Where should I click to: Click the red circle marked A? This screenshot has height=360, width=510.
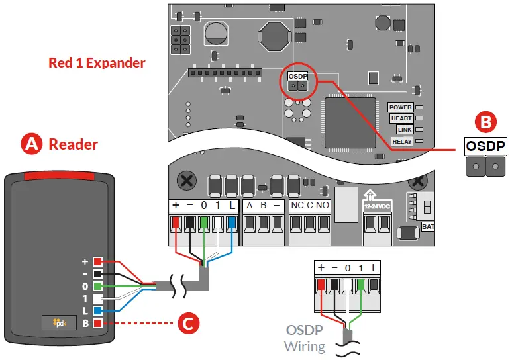point(31,144)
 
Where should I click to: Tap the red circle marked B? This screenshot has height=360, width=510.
point(485,122)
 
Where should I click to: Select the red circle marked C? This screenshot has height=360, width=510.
point(187,324)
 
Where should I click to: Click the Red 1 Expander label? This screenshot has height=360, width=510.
point(97,63)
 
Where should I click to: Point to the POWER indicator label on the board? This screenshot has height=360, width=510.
point(401,107)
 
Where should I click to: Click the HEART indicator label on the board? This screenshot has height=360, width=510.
point(401,118)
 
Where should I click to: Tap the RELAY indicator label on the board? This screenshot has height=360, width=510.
point(401,141)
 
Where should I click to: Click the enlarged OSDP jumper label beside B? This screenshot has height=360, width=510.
point(485,146)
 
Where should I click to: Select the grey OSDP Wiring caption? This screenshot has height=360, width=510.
point(304,337)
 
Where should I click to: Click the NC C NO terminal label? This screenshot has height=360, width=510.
point(310,205)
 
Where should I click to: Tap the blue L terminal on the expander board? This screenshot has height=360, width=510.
point(232,222)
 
